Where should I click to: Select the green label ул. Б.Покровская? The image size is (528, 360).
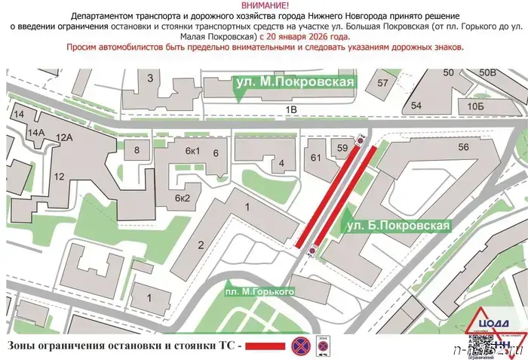(397, 225)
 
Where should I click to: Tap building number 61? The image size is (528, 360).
(315, 157)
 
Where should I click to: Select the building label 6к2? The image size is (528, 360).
(183, 198)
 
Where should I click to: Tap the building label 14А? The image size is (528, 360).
(35, 132)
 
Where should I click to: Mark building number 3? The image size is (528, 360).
(150, 78)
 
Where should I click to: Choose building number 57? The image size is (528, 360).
(383, 82)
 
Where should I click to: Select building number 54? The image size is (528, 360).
(416, 106)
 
